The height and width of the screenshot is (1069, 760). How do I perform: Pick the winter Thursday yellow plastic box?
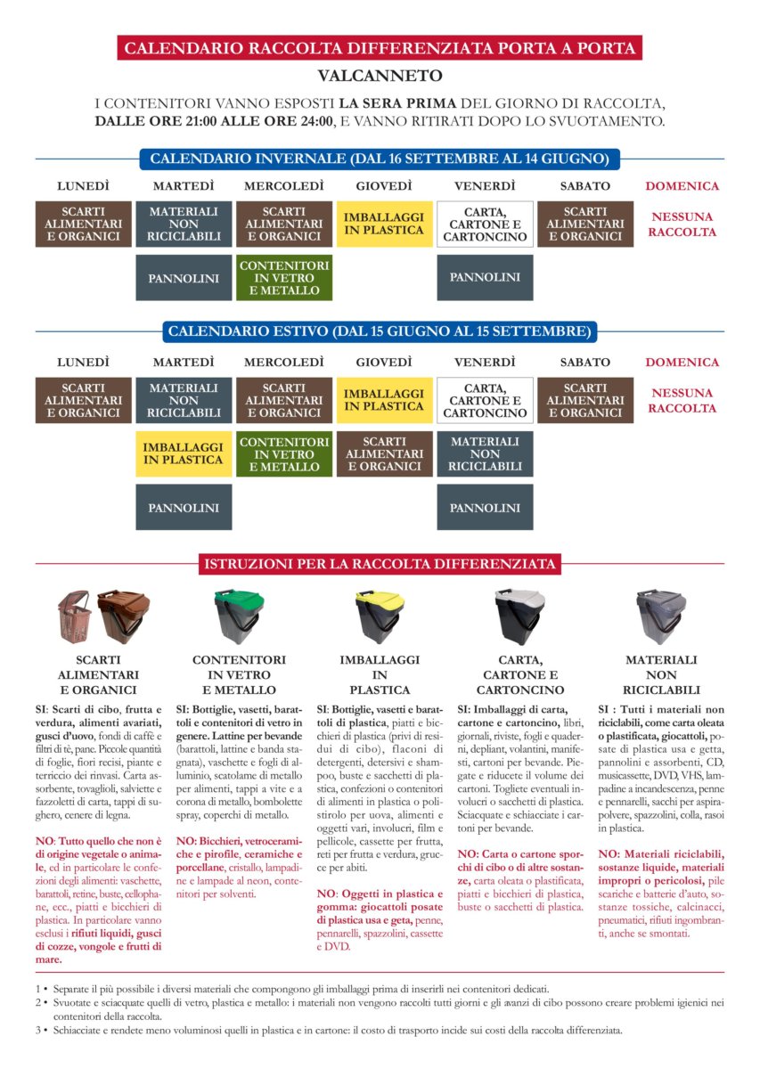384,224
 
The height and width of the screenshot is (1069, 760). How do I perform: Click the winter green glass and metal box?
284,277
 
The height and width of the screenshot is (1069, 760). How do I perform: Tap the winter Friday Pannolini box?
485,277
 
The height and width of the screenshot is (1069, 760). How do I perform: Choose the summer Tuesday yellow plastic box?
184,453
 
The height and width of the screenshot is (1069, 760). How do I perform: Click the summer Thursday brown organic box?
384,453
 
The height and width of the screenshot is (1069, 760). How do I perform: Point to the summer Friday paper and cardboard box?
485,400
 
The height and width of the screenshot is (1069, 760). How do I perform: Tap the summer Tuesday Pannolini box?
184,508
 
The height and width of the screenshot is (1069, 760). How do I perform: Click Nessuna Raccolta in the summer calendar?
682,401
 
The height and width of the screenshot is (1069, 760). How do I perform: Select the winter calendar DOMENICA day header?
682,186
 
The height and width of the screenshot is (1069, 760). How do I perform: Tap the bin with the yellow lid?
380,614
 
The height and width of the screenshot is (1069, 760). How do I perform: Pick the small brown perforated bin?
74,616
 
